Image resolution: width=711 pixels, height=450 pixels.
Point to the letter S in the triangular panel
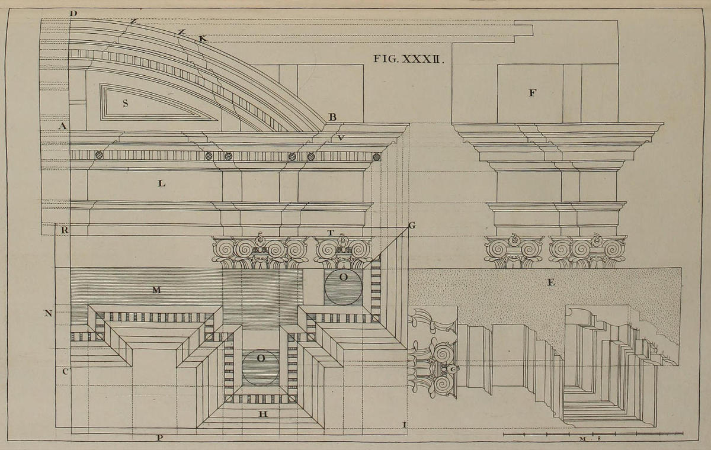coord(126,103)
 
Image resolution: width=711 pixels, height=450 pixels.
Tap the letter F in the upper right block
coord(531,92)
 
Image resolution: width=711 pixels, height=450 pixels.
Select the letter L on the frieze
coord(161,184)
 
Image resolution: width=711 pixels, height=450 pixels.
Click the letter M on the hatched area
coord(156,290)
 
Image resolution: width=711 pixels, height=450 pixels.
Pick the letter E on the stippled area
coord(550,283)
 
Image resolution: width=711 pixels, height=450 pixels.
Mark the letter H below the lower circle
coord(263,413)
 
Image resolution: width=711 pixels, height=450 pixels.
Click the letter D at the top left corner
coord(73,13)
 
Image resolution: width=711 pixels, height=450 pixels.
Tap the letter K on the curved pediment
coord(202,39)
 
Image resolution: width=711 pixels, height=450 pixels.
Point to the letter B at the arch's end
coord(332,117)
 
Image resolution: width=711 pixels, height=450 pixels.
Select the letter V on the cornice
coord(341,138)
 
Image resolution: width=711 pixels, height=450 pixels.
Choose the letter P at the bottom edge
coord(159,438)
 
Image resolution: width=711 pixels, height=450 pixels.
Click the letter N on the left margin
coord(48,313)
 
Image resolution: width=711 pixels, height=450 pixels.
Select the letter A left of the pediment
coord(62,126)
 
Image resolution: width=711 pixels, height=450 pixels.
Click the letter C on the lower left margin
coord(66,371)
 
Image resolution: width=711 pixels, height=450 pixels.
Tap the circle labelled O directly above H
coord(260,368)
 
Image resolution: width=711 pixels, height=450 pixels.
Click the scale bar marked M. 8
coord(592,435)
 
